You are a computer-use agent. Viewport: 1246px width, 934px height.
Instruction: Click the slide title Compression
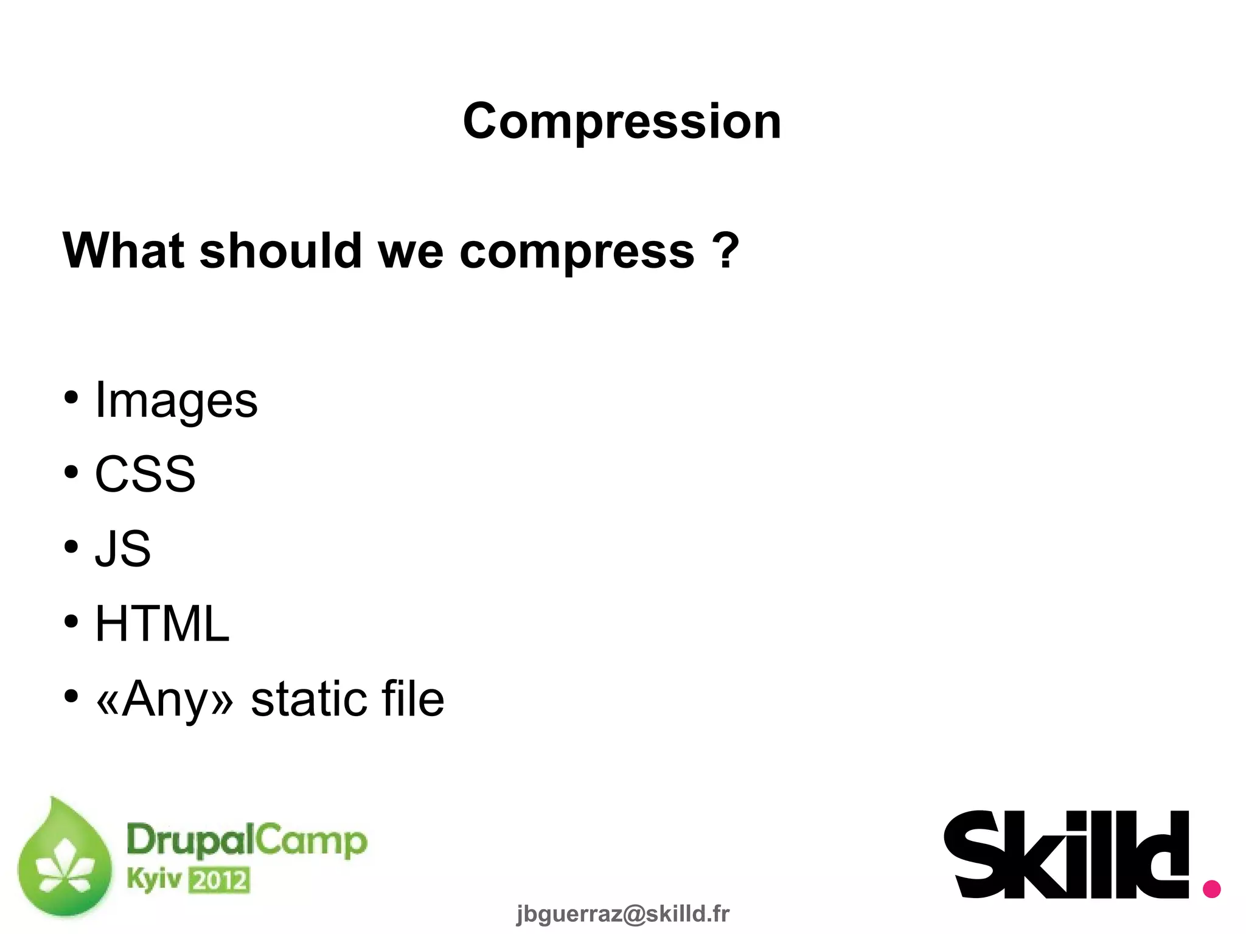click(x=622, y=121)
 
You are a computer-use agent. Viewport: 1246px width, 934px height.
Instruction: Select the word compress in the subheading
click(x=577, y=252)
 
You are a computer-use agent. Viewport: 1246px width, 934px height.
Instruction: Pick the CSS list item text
click(x=145, y=475)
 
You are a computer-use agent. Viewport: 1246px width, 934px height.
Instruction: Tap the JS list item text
click(x=123, y=549)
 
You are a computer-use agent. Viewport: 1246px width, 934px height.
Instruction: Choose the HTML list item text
click(x=162, y=624)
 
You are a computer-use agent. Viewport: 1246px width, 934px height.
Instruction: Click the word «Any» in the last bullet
click(x=165, y=699)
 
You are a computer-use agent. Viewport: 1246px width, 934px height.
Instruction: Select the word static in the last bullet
click(x=308, y=699)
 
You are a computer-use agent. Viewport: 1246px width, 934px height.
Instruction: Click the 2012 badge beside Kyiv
click(x=219, y=880)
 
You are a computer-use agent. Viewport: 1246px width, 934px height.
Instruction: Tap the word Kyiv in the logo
click(x=154, y=879)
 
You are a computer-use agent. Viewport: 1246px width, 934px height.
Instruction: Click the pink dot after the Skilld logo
click(x=1211, y=889)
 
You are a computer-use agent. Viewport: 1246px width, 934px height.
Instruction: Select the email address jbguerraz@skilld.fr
click(x=622, y=914)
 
